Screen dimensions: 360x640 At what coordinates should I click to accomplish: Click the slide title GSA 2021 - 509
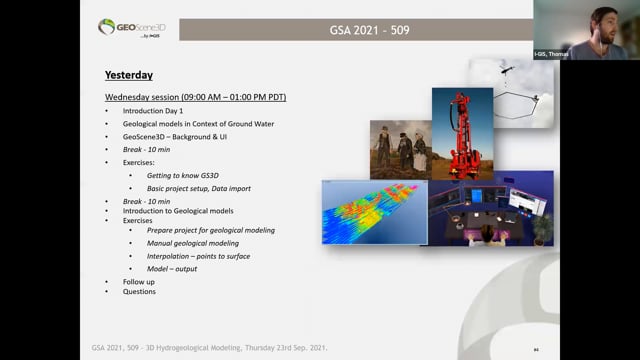pyautogui.click(x=369, y=29)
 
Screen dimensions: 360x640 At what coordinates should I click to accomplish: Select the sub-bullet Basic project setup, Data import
pyautogui.click(x=199, y=188)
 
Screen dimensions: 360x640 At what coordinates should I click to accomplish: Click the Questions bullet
pyautogui.click(x=139, y=292)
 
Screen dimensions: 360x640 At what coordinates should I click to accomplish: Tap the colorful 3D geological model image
pyautogui.click(x=373, y=213)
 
